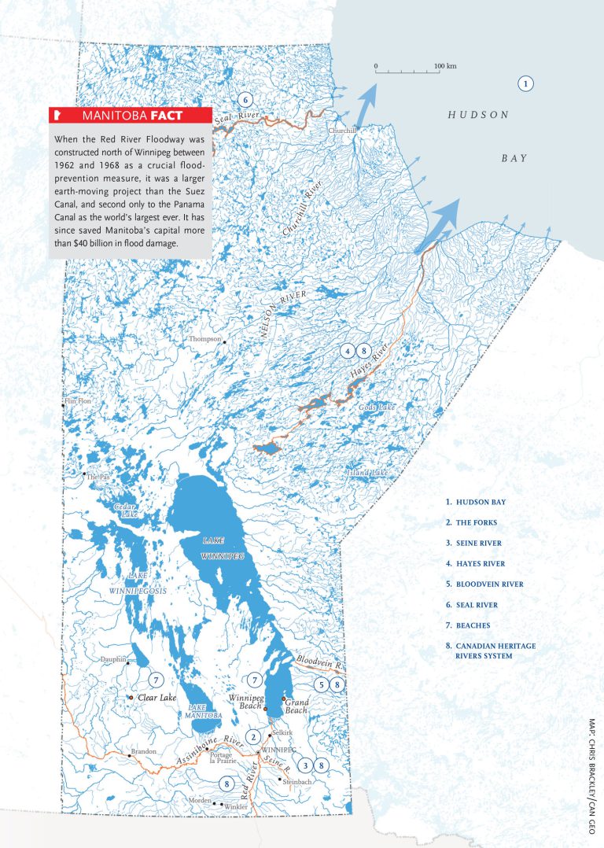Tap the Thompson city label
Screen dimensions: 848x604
(x=204, y=339)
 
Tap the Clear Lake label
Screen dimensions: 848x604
(x=156, y=698)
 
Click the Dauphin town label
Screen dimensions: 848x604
(x=113, y=659)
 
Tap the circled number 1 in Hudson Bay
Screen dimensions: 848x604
(x=526, y=83)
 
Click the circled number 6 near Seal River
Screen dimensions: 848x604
(x=245, y=100)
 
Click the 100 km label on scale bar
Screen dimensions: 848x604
(x=445, y=65)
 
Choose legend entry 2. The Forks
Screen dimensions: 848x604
(x=471, y=522)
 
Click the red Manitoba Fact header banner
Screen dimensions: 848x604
(x=131, y=116)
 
